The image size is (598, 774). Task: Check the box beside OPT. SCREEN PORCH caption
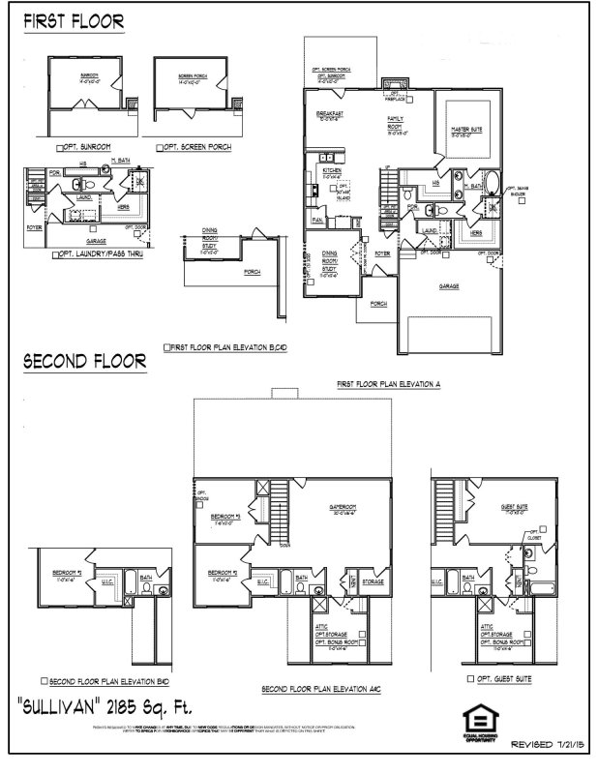tap(160, 147)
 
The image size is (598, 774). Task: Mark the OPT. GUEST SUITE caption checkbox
tap(470, 679)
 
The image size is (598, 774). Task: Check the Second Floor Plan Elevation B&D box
tap(44, 680)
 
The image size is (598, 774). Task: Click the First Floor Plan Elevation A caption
tap(388, 384)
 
